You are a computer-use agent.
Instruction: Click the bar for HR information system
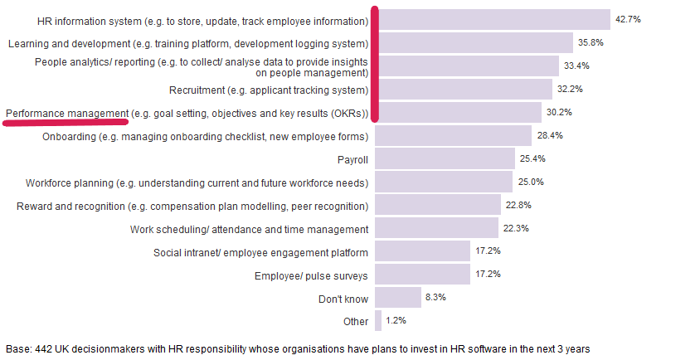pyautogui.click(x=493, y=20)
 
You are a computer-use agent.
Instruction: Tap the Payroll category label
pyautogui.click(x=352, y=158)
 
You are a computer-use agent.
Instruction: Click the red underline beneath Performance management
pyautogui.click(x=66, y=121)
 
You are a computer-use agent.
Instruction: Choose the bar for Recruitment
pyautogui.click(x=464, y=89)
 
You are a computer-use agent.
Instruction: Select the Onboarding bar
pyautogui.click(x=454, y=135)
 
